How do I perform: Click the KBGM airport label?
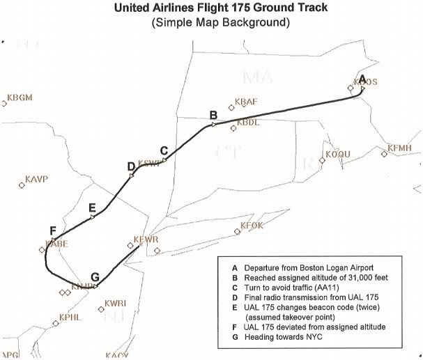20,97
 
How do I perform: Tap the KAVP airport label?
36,180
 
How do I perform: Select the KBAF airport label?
247,102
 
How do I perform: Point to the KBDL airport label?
248,123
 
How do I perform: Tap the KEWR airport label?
147,240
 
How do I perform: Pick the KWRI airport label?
116,304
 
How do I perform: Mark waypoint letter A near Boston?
362,77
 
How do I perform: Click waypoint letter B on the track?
213,114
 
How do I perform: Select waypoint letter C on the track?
164,150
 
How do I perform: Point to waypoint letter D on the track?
130,166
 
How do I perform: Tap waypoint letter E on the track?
92,208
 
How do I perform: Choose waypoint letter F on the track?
53,230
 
